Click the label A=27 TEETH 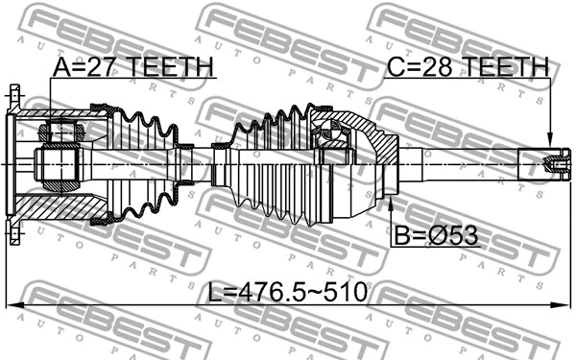tap(133, 68)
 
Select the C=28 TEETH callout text tap(468, 67)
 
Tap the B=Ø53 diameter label tap(435, 233)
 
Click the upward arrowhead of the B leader tap(391, 200)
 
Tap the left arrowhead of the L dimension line tap(12, 306)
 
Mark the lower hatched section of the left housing tap(67, 206)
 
